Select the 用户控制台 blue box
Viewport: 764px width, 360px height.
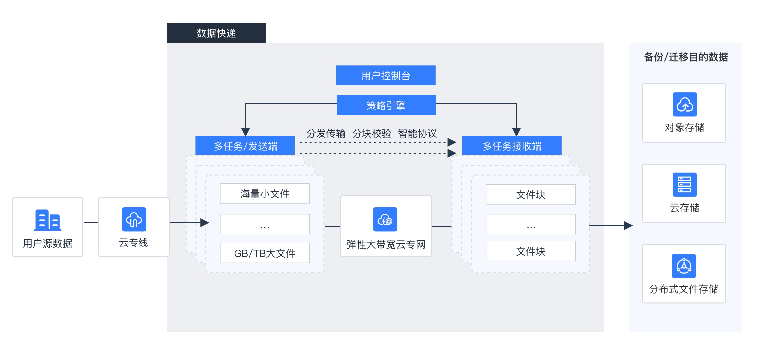coord(385,75)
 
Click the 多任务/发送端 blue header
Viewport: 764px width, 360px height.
coord(245,145)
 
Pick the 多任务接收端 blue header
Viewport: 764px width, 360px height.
coord(511,145)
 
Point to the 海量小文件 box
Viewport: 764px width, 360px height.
coord(265,193)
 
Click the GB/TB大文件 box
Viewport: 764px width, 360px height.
coord(265,253)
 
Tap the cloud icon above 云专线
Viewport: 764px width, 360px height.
coord(134,219)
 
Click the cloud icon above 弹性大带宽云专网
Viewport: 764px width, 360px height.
coord(385,219)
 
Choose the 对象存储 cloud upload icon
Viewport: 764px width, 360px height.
coord(685,104)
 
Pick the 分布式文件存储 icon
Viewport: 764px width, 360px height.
coord(684,266)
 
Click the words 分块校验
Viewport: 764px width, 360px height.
coord(372,133)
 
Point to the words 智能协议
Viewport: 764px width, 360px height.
coord(417,133)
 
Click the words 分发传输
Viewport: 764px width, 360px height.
coord(326,133)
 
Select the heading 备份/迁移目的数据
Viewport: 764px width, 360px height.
coord(686,57)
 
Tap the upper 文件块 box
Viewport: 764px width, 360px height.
coord(530,195)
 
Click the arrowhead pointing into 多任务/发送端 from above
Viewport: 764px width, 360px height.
coord(245,132)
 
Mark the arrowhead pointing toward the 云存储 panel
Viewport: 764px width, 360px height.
coord(628,225)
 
